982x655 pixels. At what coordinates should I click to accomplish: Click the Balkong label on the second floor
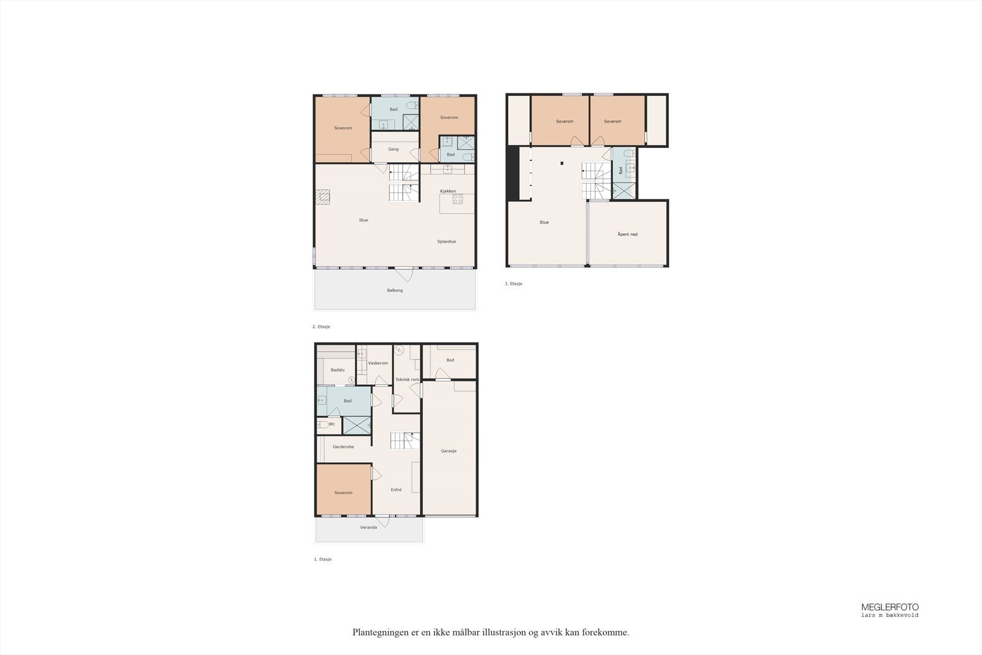[x=395, y=290]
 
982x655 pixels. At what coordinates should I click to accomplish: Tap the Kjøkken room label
[x=447, y=192]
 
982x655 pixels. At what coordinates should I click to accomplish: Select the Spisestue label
[x=446, y=242]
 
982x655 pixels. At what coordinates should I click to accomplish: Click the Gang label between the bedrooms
[x=393, y=149]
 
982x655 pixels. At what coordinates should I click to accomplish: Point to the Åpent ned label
[x=627, y=234]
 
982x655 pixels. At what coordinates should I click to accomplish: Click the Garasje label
[x=449, y=451]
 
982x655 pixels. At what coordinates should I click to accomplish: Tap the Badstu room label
[x=338, y=370]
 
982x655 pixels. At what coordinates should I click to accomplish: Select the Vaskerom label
[x=378, y=363]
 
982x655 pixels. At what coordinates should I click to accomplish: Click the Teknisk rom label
[x=407, y=379]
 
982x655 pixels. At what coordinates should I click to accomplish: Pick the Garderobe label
[x=343, y=447]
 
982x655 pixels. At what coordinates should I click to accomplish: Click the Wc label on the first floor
[x=331, y=424]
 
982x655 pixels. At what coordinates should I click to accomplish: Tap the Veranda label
[x=368, y=527]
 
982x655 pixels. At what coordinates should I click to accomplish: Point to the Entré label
[x=396, y=490]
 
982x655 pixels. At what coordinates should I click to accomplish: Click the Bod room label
[x=450, y=360]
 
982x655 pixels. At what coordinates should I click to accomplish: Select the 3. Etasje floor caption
[x=513, y=284]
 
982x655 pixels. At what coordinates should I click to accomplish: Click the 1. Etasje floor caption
[x=322, y=560]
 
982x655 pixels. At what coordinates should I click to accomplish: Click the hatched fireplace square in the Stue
[x=323, y=196]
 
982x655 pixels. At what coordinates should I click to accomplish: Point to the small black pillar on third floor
[x=562, y=163]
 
